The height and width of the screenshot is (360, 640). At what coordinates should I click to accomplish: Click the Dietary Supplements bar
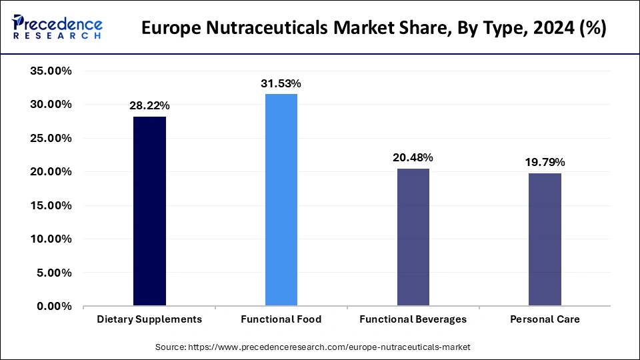[x=149, y=211]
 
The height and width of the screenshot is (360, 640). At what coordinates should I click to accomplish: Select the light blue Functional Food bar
[x=281, y=200]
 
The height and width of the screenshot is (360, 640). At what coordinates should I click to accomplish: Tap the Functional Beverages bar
[x=413, y=237]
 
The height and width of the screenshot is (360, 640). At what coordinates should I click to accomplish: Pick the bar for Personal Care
[x=545, y=239]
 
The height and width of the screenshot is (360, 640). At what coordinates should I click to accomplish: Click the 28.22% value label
[x=149, y=106]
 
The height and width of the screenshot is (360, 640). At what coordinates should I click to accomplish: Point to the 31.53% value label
[x=281, y=83]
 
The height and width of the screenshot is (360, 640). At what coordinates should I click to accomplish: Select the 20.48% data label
[x=413, y=158]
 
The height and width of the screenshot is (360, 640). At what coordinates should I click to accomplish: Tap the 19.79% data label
[x=545, y=163]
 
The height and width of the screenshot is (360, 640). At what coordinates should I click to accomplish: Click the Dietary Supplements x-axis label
[x=149, y=319]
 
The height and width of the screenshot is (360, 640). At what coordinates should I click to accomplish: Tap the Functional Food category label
[x=281, y=319]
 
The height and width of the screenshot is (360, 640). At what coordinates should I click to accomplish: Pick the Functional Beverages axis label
[x=413, y=319]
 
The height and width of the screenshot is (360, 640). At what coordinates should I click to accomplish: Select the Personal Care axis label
[x=545, y=319]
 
